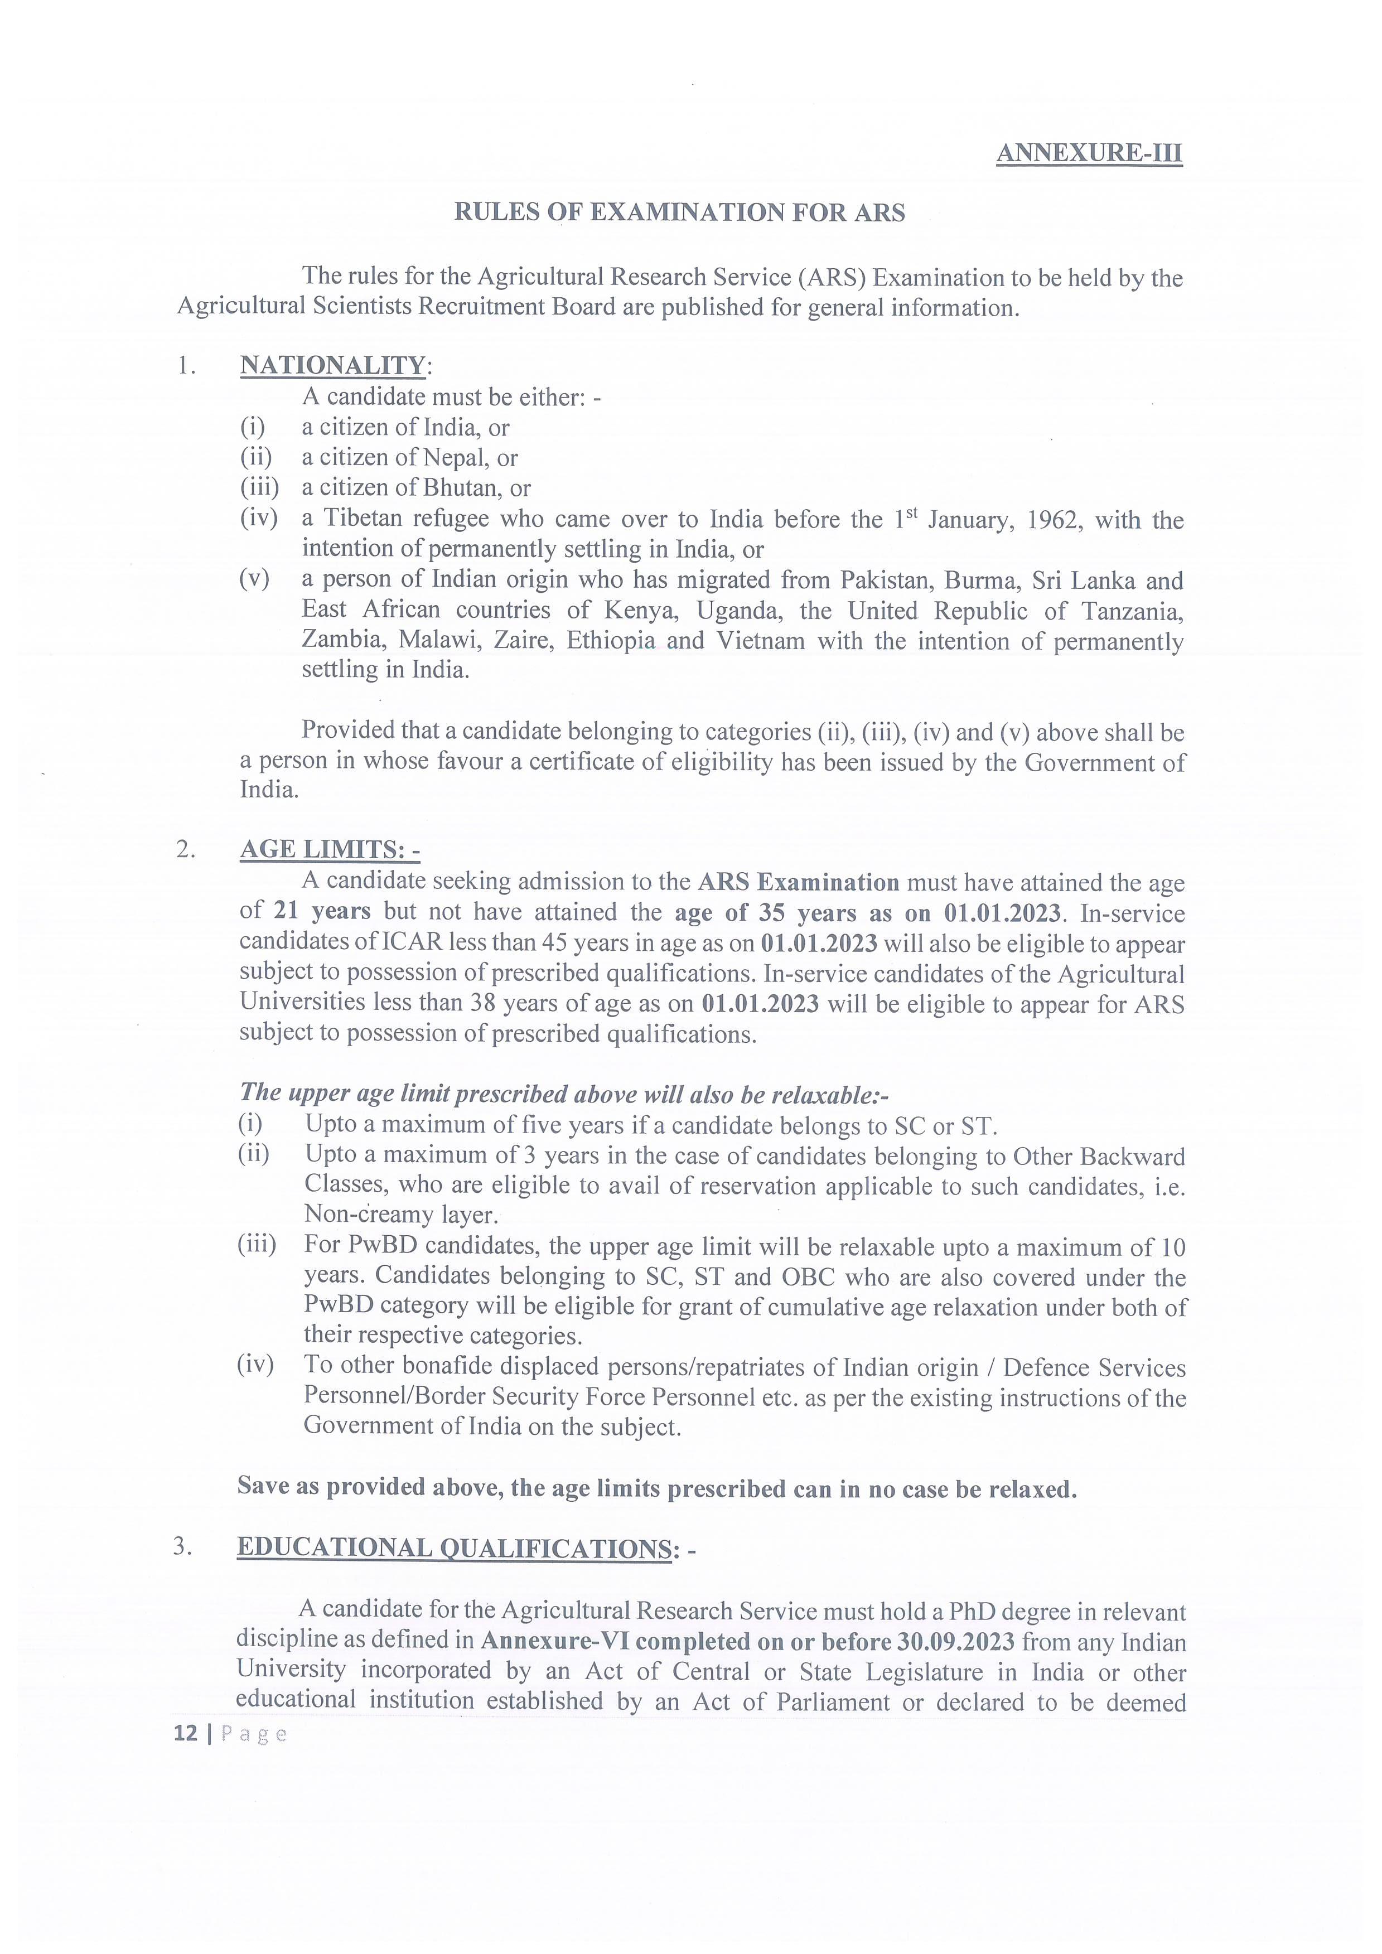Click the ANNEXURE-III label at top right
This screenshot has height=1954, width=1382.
(x=1089, y=153)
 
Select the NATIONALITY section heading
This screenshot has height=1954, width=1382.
(x=332, y=365)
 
